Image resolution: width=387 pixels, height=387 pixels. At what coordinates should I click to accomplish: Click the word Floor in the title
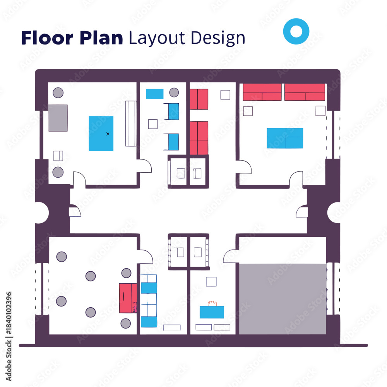(x=47, y=38)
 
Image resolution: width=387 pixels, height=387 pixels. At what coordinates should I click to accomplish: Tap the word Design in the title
(x=218, y=38)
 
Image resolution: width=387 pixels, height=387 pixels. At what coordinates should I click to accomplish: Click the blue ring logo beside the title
(x=296, y=31)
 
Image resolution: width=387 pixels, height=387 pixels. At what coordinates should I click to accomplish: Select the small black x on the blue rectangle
(x=108, y=134)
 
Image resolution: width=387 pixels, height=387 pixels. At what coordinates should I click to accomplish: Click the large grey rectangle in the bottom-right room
(x=283, y=299)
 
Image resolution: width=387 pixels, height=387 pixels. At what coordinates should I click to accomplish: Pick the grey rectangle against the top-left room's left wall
(x=58, y=118)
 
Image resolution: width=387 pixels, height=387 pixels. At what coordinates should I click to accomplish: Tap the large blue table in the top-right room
(x=285, y=138)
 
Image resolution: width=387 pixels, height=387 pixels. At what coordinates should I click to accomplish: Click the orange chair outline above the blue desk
(x=212, y=303)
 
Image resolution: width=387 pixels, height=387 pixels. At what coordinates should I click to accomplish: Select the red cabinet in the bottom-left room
(x=128, y=298)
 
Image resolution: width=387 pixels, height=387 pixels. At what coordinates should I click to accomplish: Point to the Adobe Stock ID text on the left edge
(x=9, y=336)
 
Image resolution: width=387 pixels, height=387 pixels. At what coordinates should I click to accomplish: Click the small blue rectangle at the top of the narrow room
(x=154, y=94)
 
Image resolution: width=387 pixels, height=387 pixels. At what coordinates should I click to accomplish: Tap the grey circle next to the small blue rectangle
(x=174, y=92)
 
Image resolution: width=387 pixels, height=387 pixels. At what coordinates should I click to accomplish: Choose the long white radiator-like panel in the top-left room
(x=131, y=123)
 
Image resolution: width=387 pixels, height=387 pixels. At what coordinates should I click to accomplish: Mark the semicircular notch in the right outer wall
(x=334, y=212)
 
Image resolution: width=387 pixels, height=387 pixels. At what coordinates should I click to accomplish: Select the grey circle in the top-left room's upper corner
(x=58, y=93)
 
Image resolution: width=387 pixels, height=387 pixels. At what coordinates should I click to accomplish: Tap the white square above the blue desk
(x=211, y=282)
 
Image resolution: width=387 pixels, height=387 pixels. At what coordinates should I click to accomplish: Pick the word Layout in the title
(x=157, y=38)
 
